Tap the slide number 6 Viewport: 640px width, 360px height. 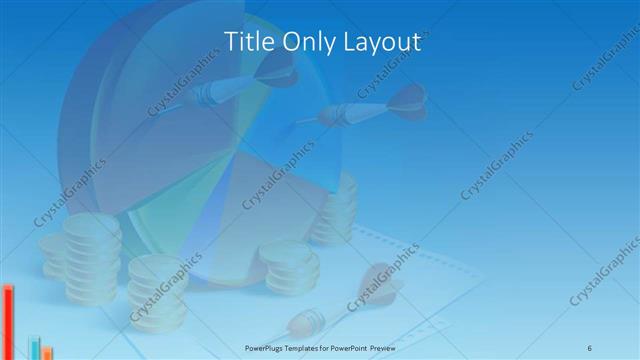click(x=590, y=347)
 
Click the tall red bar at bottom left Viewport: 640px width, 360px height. click(x=8, y=320)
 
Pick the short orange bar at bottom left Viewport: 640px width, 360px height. click(x=46, y=352)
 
